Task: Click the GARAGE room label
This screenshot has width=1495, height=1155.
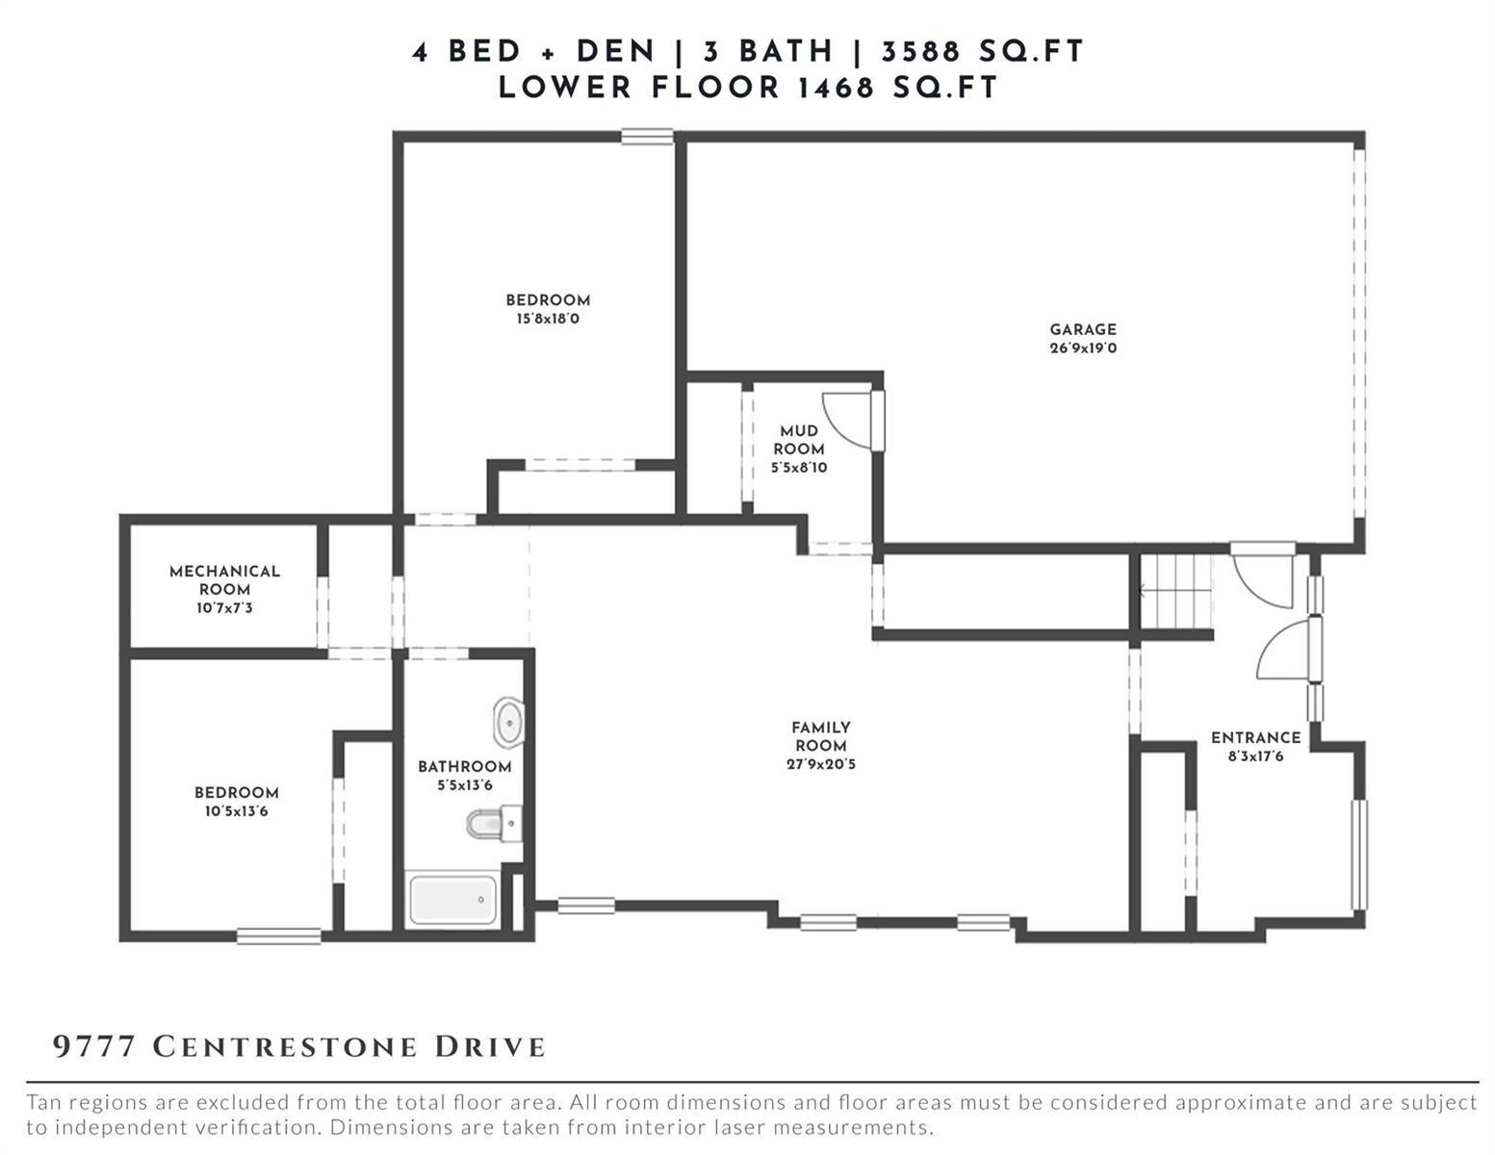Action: coord(1082,329)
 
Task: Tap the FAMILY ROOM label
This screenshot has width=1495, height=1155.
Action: coord(821,736)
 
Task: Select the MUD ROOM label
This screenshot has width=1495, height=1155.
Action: coord(799,440)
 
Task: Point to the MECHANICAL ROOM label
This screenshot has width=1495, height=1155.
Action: coord(224,580)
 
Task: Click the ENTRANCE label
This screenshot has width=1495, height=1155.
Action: coord(1255,737)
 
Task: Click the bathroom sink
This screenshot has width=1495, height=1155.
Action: coord(508,722)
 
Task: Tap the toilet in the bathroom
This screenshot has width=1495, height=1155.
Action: coord(494,824)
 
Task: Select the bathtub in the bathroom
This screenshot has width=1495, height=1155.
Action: coord(452,900)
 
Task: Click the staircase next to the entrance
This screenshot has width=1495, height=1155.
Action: coord(1175,591)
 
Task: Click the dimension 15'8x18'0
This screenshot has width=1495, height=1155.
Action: coord(548,320)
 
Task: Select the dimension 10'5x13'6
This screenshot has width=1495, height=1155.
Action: coord(236,811)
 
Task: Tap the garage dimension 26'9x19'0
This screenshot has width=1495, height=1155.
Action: coord(1083,348)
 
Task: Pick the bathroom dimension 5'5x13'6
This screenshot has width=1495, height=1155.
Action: coord(464,784)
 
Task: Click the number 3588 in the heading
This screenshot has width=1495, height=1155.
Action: coord(920,52)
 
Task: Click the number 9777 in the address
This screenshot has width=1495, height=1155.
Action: coord(94,1046)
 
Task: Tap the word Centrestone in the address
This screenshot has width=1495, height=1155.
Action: coord(284,1046)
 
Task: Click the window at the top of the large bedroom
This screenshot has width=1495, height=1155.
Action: coord(647,137)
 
